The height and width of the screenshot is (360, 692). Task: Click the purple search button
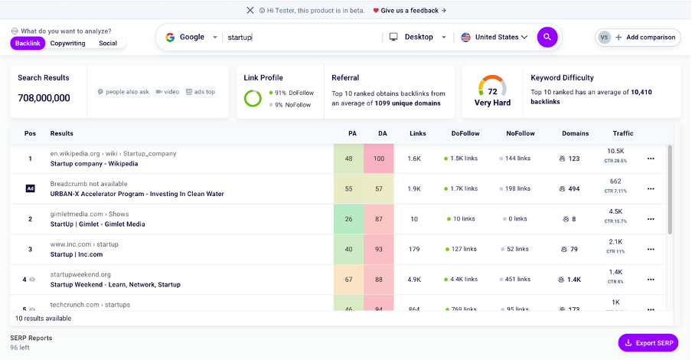tap(547, 37)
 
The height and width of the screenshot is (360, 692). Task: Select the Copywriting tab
tap(68, 44)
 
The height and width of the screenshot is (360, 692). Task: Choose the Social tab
tap(108, 44)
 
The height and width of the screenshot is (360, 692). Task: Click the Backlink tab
tap(28, 44)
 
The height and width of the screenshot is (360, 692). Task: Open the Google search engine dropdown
tap(191, 37)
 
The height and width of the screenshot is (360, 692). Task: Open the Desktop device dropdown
tap(418, 37)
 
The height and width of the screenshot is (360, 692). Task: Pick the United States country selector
tap(495, 37)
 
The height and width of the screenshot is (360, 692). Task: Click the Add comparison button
tap(638, 37)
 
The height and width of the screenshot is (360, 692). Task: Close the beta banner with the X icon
tap(250, 11)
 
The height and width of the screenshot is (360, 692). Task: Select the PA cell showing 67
tap(349, 280)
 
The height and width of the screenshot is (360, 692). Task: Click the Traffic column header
tap(622, 133)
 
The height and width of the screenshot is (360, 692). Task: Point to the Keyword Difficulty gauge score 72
tap(492, 91)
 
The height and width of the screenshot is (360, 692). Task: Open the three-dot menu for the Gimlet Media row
tap(651, 219)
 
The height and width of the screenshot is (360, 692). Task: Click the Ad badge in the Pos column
tap(30, 188)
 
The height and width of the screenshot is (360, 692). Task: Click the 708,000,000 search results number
tap(44, 98)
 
